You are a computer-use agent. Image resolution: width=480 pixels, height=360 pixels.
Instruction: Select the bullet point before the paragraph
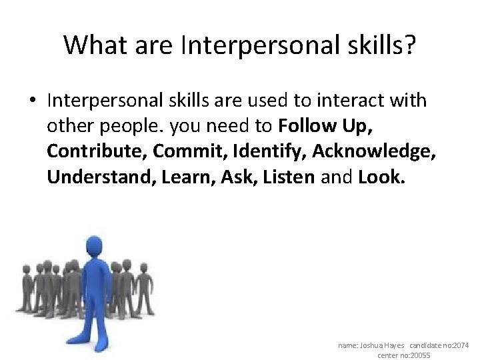[32, 101]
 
